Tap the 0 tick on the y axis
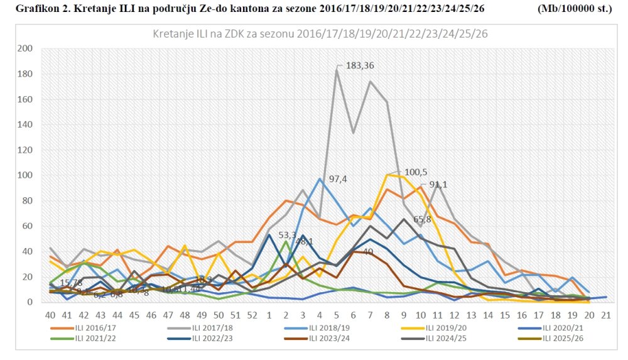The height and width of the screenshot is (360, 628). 30,302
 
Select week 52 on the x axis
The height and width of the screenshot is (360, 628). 252,314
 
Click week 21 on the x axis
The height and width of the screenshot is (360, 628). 605,314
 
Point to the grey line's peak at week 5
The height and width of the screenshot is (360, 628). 337,70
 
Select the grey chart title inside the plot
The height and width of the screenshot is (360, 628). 320,33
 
